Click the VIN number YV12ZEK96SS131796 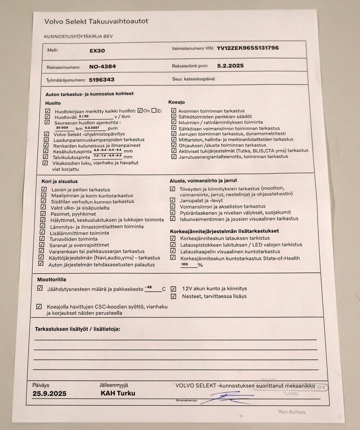(248, 48)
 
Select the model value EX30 (98, 51)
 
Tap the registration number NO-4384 (102, 66)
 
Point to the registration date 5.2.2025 (231, 66)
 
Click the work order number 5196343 (102, 80)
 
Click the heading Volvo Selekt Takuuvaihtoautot (96, 21)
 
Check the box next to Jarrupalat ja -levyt (172, 201)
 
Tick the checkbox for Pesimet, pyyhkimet (43, 213)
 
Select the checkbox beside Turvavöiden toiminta (42, 238)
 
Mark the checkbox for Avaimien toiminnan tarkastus (174, 111)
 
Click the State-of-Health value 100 (184, 264)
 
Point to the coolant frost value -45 (149, 287)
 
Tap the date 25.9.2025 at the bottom (49, 394)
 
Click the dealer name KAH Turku (118, 393)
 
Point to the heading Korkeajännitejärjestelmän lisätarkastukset (224, 231)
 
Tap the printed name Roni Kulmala (292, 412)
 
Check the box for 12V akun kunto (173, 289)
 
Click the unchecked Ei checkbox (154, 111)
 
